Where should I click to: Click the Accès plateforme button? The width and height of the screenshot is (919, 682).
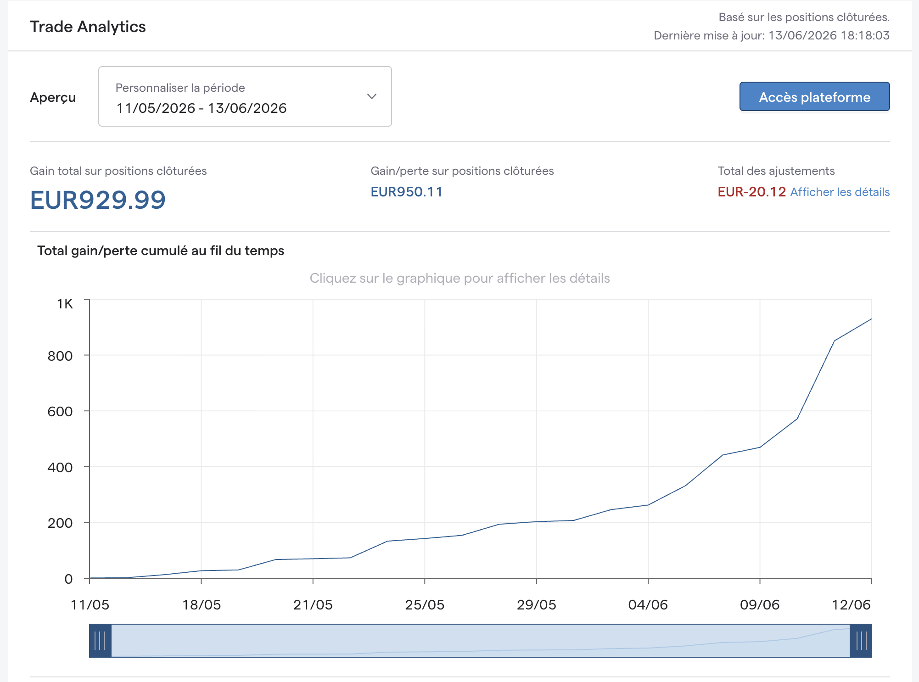coord(814,96)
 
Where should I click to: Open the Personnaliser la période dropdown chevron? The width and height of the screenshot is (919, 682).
coord(372,96)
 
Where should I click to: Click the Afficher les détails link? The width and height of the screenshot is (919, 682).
coord(840,192)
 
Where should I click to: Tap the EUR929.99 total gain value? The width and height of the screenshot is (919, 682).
coord(98,200)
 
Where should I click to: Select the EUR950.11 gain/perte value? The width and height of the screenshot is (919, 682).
coord(407,192)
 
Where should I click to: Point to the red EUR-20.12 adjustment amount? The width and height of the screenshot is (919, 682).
coord(752,192)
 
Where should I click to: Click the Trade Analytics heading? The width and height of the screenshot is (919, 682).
coord(88,27)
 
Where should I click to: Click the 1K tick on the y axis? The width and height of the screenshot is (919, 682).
coord(65,303)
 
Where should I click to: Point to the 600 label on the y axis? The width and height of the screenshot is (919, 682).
coord(60,411)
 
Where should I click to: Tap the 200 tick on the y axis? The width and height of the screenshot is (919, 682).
coord(60,523)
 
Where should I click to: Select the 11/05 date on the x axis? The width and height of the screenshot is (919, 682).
coord(90,604)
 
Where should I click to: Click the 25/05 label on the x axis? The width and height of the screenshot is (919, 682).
coord(425,604)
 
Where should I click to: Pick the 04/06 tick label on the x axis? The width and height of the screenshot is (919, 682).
coord(648,604)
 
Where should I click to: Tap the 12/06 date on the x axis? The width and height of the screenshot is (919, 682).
coord(852,604)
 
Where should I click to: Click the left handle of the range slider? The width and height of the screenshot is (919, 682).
coord(100,641)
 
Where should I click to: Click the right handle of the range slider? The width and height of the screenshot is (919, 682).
coord(861,641)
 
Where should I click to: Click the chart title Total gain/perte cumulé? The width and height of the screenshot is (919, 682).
coord(161,251)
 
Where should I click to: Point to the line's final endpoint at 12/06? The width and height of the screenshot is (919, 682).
coord(871,319)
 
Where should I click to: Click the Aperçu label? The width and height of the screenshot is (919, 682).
coord(53,97)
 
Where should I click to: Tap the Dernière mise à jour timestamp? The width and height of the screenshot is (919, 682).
coord(772,35)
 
